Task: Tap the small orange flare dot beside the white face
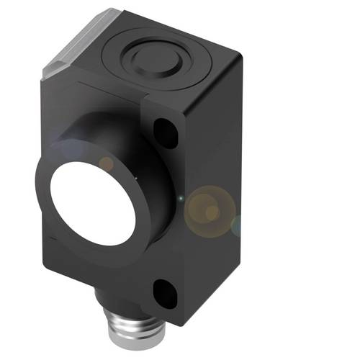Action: (106, 164)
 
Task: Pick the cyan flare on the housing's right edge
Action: (236, 228)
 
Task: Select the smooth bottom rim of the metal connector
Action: (130, 354)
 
